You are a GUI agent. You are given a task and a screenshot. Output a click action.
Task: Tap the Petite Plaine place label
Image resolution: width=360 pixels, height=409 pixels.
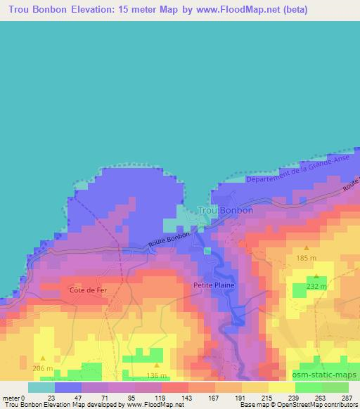point(214,286)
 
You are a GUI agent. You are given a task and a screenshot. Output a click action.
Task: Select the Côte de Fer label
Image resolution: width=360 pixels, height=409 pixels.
point(88,290)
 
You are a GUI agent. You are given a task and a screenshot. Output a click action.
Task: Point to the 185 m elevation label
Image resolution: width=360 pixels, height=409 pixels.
point(307,259)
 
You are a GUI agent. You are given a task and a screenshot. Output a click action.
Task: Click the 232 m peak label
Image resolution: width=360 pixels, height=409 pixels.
point(317,287)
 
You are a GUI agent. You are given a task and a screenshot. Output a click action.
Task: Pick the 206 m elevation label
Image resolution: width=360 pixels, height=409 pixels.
point(44,368)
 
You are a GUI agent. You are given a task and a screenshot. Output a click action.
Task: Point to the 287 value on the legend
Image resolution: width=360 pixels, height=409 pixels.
point(347,397)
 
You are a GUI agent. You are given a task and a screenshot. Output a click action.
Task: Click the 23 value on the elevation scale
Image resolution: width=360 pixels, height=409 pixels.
point(51,397)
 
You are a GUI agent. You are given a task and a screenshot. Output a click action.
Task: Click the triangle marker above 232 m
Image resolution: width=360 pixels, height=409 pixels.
point(316,276)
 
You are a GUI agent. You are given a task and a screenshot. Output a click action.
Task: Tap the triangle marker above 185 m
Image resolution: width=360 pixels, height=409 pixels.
point(307,248)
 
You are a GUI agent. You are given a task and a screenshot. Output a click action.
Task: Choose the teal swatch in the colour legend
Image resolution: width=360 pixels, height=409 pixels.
point(41,387)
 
